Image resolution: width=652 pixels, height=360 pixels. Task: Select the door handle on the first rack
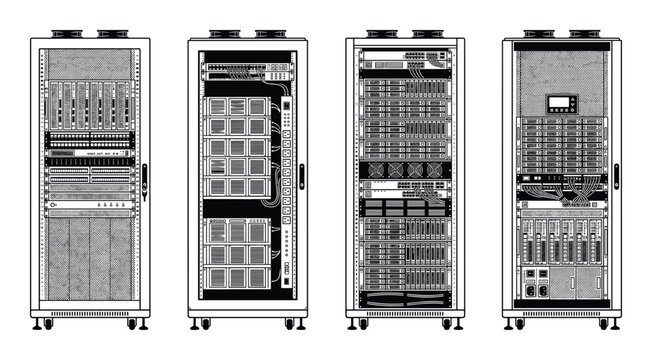(144, 177)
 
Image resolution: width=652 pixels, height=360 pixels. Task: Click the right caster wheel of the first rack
(132, 324)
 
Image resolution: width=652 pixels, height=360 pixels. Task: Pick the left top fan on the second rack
(225, 33)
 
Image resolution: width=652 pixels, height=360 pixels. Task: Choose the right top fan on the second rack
(269, 33)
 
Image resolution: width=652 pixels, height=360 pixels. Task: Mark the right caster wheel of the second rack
(289, 324)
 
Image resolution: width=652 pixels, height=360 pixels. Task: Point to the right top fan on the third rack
(427, 33)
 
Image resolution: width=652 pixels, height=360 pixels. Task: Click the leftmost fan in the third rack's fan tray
(374, 170)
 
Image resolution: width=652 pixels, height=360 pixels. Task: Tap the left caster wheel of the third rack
(361, 324)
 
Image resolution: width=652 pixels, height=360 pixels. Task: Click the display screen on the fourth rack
(560, 103)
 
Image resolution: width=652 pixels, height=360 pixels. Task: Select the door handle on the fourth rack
(616, 177)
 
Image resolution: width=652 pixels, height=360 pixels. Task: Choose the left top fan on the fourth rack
(540, 33)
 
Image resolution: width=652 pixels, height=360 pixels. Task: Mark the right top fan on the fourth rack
(584, 33)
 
